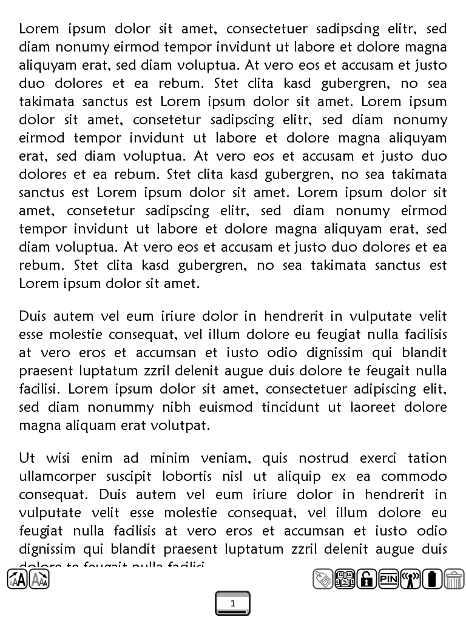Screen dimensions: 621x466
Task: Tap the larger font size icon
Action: tap(17, 579)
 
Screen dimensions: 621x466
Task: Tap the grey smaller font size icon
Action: tap(39, 579)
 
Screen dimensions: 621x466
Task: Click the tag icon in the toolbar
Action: tap(323, 579)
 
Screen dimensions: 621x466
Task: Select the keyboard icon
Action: tap(345, 579)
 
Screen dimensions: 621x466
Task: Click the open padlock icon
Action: tap(366, 579)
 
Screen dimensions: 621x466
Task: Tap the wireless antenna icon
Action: tap(410, 579)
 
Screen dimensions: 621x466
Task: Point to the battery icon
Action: tap(432, 579)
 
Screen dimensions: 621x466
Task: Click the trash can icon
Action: tap(454, 579)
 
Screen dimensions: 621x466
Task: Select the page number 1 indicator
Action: tap(232, 603)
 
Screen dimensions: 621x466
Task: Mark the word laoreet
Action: tap(371, 407)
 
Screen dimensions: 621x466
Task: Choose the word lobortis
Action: tap(194, 476)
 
